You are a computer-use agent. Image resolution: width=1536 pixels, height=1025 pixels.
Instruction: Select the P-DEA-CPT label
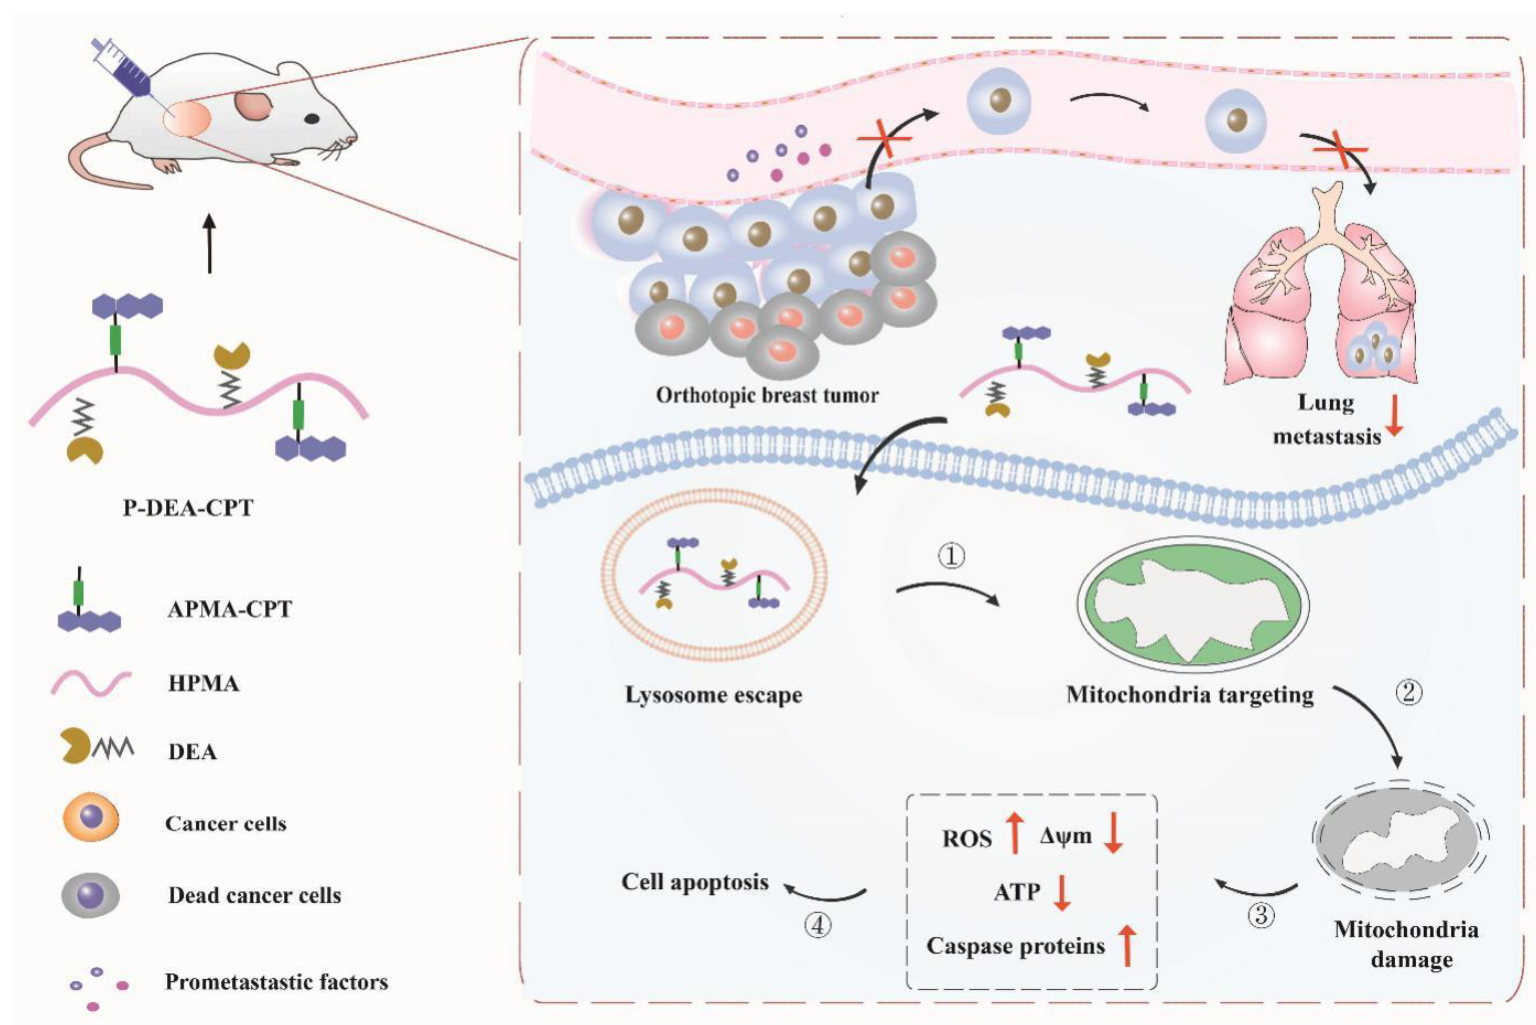point(188,508)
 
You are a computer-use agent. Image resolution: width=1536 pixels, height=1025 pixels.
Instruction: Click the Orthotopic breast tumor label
point(767,395)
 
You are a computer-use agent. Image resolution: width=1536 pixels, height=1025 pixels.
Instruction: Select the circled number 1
point(952,556)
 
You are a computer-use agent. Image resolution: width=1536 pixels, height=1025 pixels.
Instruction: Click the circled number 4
point(817,926)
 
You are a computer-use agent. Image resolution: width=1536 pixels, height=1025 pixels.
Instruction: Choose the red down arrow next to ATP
point(1062,893)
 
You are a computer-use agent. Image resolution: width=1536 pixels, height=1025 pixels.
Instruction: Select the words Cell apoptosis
point(695,882)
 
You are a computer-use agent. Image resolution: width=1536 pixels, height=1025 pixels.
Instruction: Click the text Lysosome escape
point(714,695)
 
